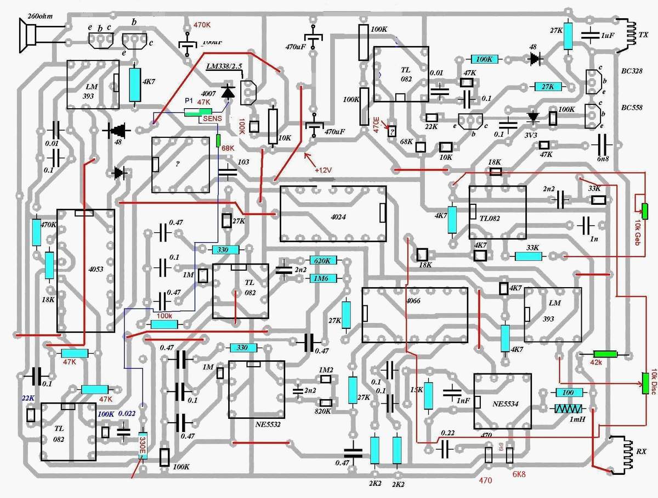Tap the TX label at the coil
[644, 35]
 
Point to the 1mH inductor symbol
[570, 409]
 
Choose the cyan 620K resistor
[324, 261]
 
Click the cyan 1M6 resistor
[324, 278]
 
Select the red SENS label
[212, 118]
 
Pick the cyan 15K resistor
[428, 395]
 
